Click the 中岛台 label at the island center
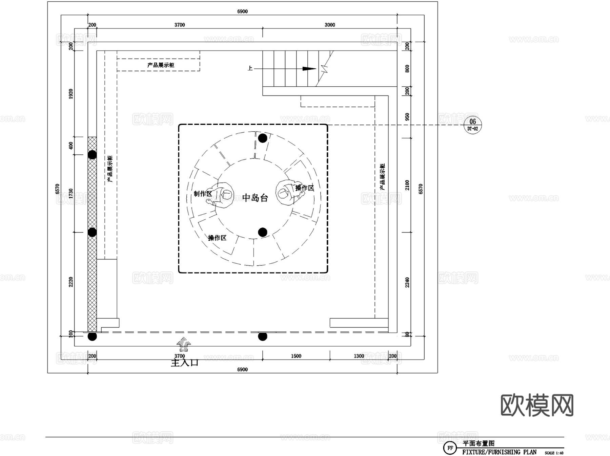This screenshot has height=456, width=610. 255,198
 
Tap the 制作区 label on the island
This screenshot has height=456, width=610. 203,194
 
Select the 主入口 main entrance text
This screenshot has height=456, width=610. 184,363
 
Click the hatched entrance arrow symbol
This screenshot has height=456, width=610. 184,344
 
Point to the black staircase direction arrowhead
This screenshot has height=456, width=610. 309,69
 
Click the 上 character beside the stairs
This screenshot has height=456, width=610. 250,68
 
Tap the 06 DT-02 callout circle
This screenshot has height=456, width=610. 472,125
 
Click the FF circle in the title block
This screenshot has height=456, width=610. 450,448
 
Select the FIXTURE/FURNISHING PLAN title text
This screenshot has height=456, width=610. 499,452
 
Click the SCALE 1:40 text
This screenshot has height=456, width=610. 554,453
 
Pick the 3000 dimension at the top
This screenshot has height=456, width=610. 329,25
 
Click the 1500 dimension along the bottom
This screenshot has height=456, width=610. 296,356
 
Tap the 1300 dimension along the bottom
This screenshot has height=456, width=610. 359,356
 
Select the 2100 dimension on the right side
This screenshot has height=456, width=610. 407,185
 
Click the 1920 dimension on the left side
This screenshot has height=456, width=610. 71,94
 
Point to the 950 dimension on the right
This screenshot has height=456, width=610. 407,117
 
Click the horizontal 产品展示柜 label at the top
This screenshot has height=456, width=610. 161,65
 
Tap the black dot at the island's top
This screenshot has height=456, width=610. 263,138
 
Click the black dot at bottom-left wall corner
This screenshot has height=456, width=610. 92,336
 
